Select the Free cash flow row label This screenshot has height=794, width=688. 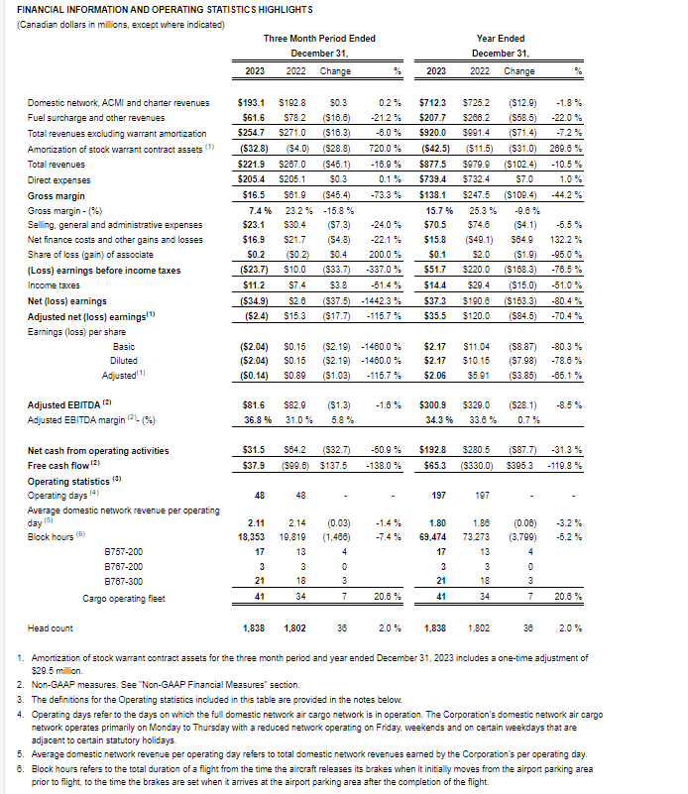61,464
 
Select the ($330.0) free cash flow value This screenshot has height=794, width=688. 477,464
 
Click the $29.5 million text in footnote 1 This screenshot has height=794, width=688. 59,670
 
